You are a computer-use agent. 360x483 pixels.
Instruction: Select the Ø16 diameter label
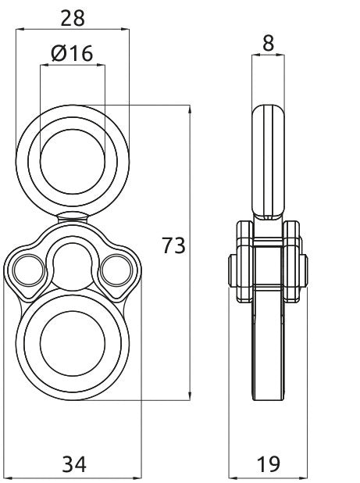click(x=72, y=53)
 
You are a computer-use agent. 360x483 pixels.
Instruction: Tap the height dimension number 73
click(x=173, y=246)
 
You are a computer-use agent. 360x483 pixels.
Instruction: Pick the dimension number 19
click(x=268, y=464)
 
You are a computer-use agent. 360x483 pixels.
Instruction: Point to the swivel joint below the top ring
click(x=72, y=216)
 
